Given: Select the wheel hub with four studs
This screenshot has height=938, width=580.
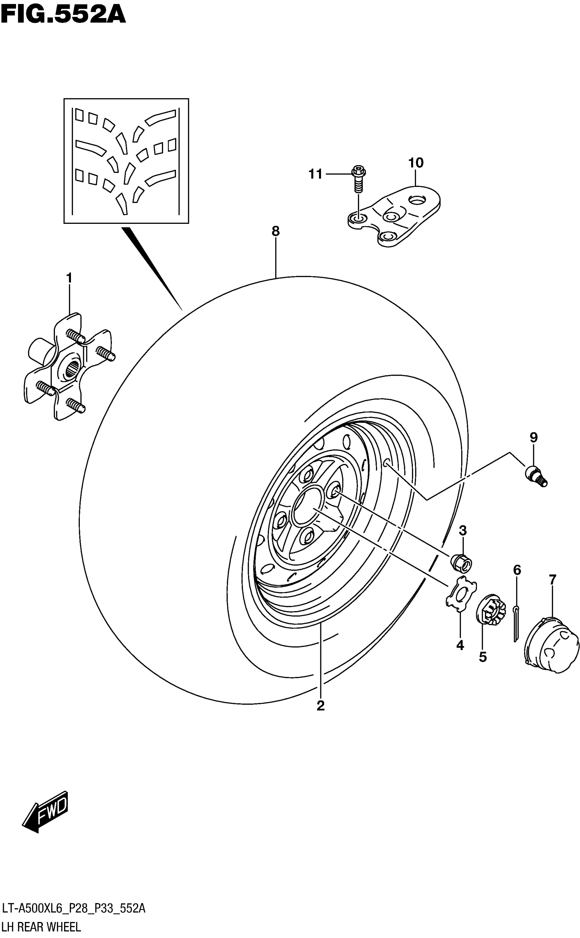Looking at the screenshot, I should tap(69, 366).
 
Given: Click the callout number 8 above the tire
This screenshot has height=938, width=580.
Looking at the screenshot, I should tap(275, 231).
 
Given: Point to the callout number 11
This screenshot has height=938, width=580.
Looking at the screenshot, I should tap(315, 175).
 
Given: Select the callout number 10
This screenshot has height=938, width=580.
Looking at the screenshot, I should tap(416, 163).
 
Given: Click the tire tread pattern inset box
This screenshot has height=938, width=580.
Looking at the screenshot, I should tap(126, 161).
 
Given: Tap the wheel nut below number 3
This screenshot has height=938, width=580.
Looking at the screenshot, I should tap(461, 563).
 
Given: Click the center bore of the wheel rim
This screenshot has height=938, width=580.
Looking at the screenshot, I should tap(307, 505).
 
